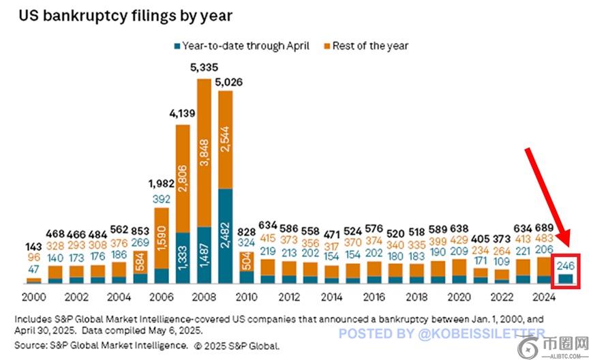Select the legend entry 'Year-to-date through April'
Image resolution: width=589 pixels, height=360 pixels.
click(x=245, y=46)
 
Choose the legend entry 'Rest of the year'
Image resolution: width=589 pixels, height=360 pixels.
click(x=370, y=46)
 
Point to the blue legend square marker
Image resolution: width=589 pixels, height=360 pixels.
click(x=177, y=46)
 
